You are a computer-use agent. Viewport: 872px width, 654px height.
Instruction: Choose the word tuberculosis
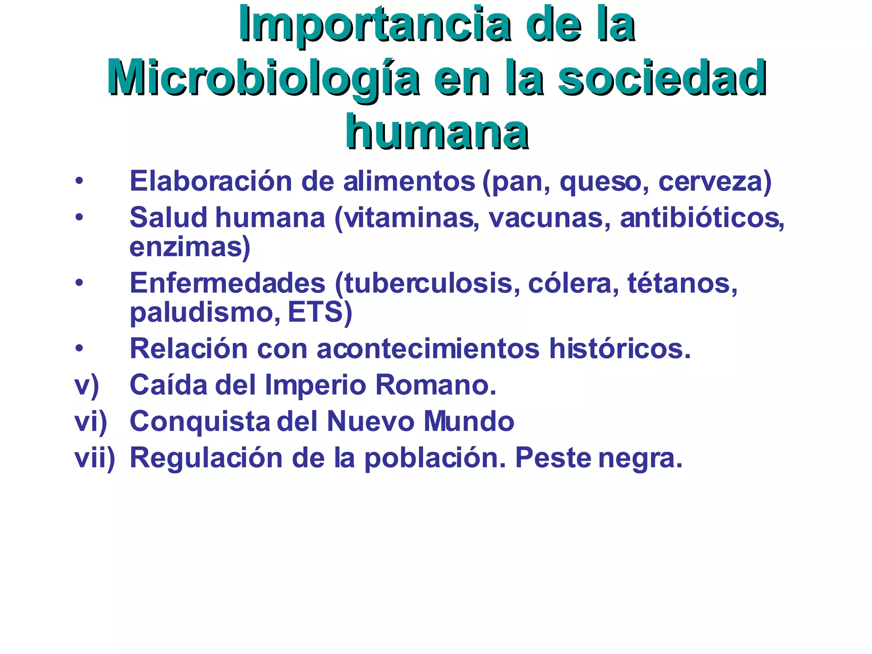tap(428, 283)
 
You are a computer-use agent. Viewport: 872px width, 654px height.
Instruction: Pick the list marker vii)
tap(95, 459)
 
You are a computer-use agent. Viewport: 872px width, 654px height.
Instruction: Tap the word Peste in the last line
tap(553, 459)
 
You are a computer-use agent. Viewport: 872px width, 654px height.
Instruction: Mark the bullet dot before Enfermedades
tap(79, 283)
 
